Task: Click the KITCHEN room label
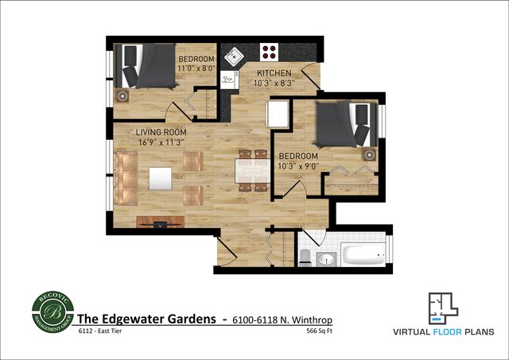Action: pos(274,71)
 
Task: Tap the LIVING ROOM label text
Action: pos(161,132)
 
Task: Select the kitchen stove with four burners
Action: pos(270,52)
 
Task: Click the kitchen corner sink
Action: pos(235,55)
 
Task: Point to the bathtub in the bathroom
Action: pos(364,255)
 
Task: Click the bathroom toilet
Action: pos(305,257)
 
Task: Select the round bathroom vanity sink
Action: pos(326,258)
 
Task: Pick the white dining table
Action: pos(251,170)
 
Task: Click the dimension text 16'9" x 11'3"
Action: pos(161,142)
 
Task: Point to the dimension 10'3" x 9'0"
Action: pos(298,166)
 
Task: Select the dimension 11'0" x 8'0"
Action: pos(196,70)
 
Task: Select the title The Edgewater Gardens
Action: pos(146,319)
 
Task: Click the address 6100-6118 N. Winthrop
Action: pos(282,319)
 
